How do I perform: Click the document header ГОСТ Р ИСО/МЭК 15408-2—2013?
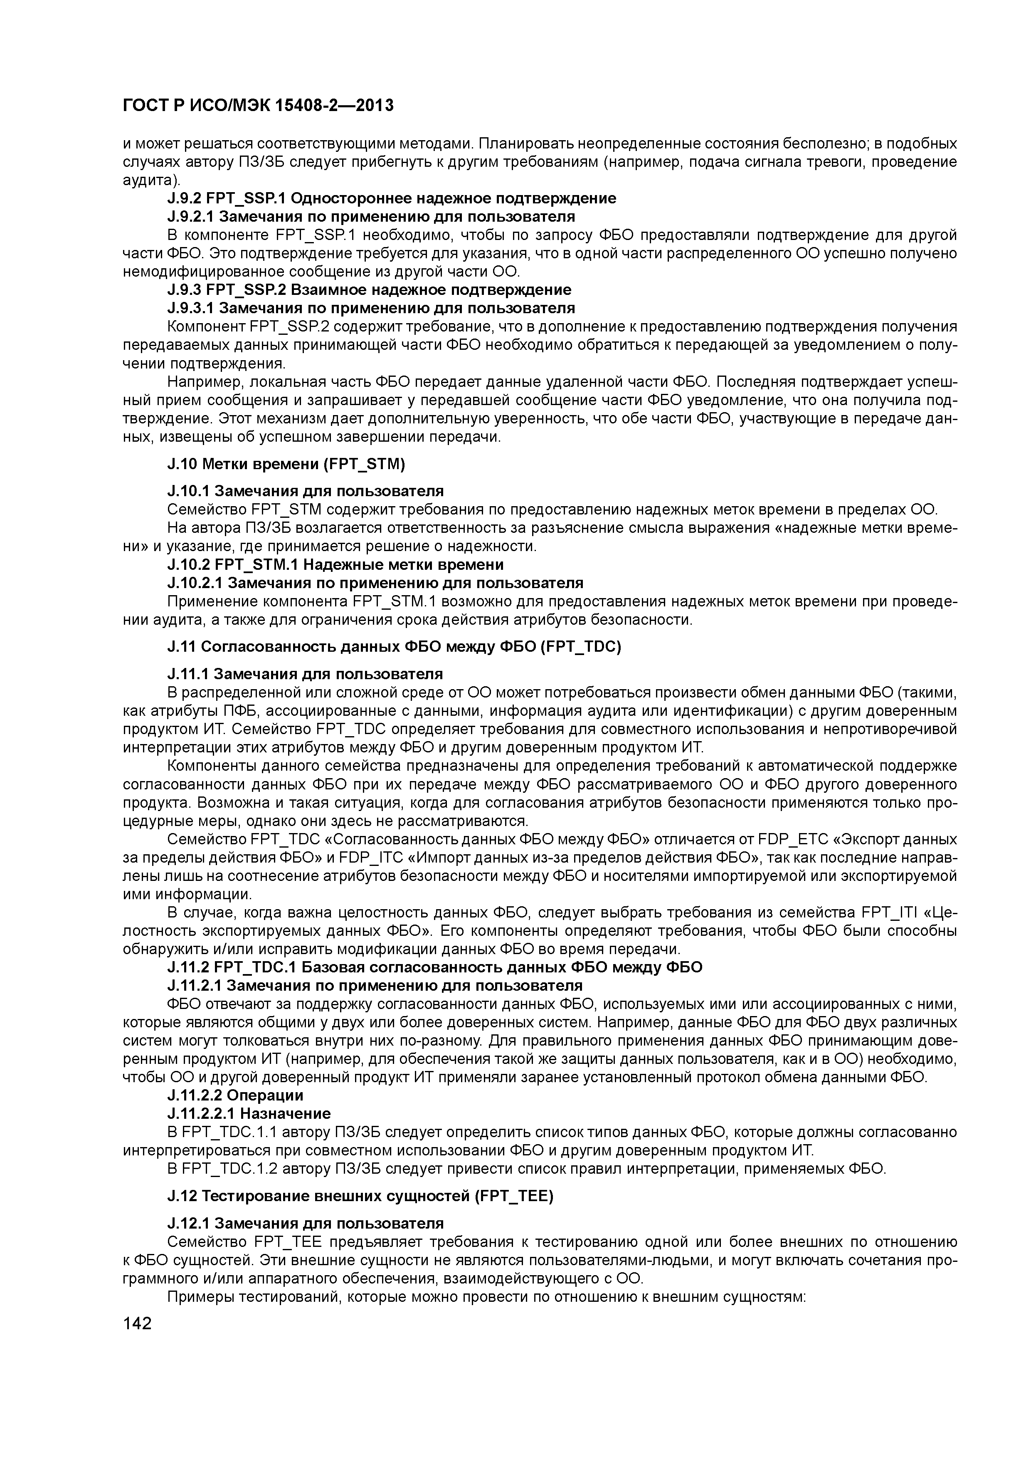click(x=258, y=105)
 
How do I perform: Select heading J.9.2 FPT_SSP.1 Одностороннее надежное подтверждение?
click(x=391, y=198)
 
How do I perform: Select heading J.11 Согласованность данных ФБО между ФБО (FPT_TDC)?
click(x=394, y=646)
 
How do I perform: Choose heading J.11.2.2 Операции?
click(x=235, y=1095)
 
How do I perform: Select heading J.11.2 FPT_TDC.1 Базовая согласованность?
click(x=435, y=967)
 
